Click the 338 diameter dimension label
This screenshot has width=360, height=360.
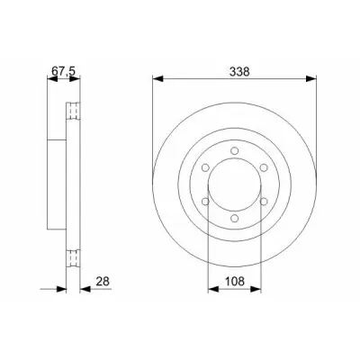click(239, 72)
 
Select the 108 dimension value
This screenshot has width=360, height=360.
click(235, 281)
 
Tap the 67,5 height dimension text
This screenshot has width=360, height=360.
click(63, 71)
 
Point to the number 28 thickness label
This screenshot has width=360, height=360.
click(103, 281)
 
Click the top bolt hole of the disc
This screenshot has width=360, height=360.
click(235, 150)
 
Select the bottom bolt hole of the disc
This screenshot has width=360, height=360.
click(235, 218)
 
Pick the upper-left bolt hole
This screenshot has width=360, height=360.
click(205, 167)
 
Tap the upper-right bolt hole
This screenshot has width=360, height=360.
click(264, 167)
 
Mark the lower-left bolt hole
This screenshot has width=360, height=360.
click(205, 202)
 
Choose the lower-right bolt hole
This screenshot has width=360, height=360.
click(264, 202)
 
